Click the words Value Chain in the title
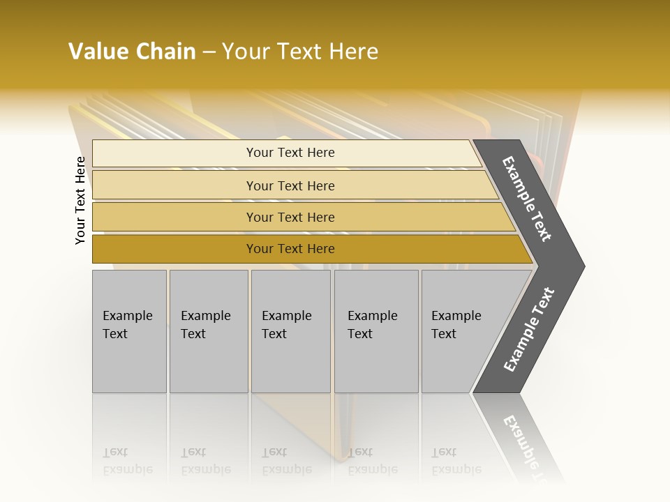[x=132, y=52]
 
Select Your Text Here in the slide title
[x=300, y=52]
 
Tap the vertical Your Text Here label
[x=81, y=200]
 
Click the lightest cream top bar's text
[x=290, y=153]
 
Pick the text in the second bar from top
[x=290, y=185]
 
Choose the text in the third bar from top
[x=290, y=217]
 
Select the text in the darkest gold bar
[x=290, y=249]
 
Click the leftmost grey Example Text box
[x=128, y=325]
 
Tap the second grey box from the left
[x=207, y=325]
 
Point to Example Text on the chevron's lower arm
[x=529, y=330]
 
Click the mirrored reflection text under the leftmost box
[x=128, y=461]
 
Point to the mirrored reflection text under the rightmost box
[x=456, y=461]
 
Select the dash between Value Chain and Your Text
[x=209, y=52]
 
